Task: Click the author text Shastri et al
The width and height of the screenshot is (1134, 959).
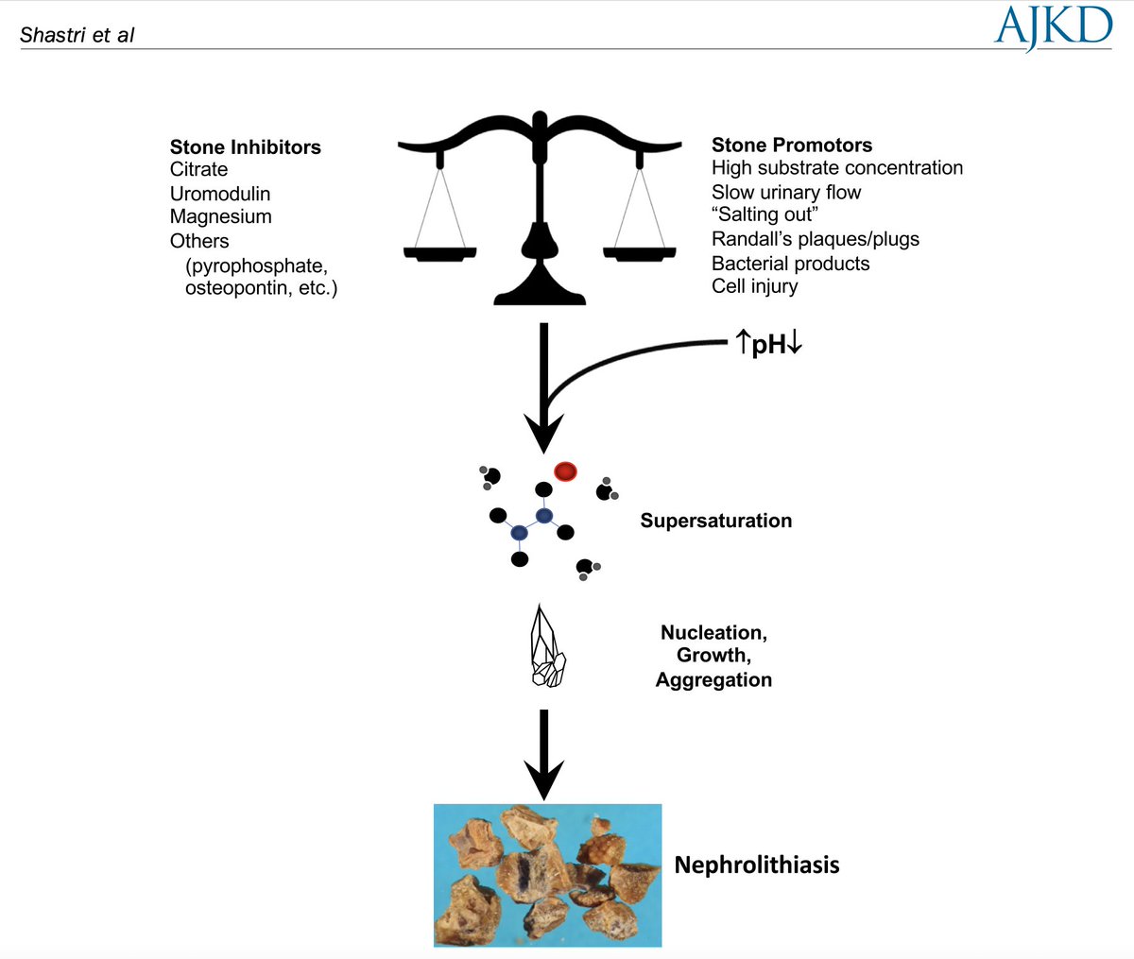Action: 77,36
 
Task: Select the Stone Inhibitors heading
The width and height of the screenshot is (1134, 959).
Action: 245,146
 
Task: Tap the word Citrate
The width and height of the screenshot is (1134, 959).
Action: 198,169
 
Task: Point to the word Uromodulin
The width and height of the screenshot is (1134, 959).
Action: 220,194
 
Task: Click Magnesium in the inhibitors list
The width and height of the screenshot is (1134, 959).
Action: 220,216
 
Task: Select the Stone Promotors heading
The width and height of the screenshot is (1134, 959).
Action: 791,145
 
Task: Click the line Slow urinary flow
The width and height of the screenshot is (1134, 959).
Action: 786,192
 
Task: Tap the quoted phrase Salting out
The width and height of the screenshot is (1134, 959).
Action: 765,214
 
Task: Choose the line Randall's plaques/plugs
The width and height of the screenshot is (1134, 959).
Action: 815,239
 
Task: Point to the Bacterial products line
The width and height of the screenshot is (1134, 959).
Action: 790,264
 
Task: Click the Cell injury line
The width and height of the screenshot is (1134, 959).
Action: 754,286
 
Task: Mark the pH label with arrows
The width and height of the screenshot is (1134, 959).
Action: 768,344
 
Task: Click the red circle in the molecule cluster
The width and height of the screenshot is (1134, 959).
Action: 565,471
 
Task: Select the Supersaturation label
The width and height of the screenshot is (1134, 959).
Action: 715,521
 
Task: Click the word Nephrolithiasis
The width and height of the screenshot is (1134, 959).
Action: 756,865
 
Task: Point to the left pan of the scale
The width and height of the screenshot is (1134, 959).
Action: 439,253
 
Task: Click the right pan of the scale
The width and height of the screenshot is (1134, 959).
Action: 640,253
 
